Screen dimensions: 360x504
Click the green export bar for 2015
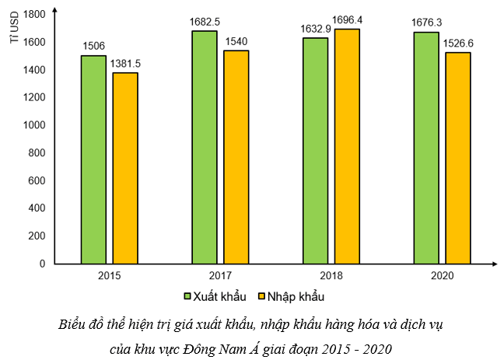(93, 159)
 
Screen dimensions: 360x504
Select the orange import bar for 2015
(124, 168)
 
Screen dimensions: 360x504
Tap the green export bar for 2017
(205, 148)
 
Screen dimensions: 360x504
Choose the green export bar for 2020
(426, 148)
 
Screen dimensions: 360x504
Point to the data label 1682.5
(205, 22)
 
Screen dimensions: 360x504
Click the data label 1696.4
(347, 19)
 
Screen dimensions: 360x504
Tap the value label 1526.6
(457, 43)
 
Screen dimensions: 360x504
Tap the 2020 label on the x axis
(441, 276)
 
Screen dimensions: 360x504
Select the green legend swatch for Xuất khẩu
(187, 296)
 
